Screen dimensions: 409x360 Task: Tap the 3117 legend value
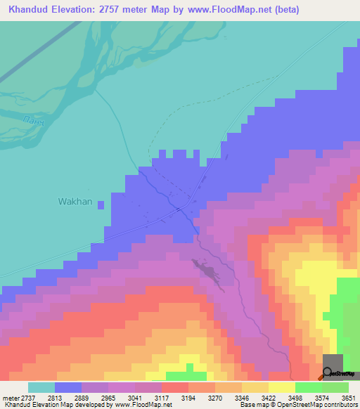click(161, 397)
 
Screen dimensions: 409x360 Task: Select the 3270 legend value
click(214, 397)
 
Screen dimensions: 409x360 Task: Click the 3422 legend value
click(268, 397)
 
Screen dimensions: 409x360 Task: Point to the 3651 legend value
click(349, 397)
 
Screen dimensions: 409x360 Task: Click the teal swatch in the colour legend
click(41, 387)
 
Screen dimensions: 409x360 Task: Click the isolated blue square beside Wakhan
click(101, 204)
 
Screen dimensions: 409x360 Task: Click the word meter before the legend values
click(8, 397)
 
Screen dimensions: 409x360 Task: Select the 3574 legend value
click(321, 397)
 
